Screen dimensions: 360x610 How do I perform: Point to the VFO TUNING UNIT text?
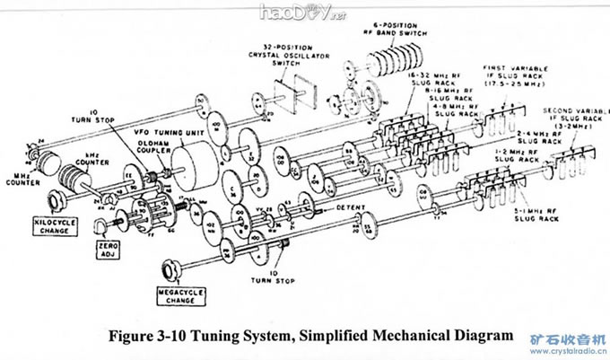[158, 133]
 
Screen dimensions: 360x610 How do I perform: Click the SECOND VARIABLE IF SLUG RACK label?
[573, 117]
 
